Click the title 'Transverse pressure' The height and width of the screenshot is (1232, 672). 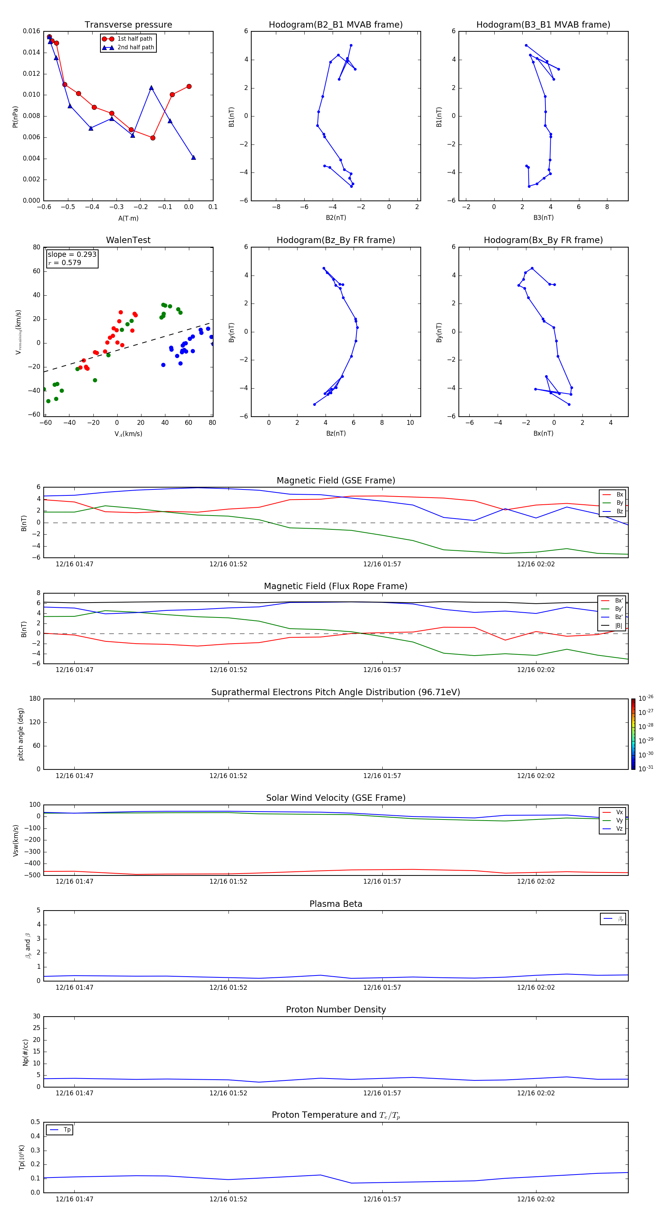click(x=128, y=25)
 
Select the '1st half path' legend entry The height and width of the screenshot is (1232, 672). click(x=134, y=39)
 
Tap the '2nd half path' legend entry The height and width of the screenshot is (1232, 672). click(x=136, y=47)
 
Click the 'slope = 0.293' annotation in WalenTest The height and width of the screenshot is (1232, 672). click(x=72, y=255)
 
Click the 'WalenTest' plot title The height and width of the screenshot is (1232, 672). click(x=128, y=240)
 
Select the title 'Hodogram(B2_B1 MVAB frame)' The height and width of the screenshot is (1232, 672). click(x=335, y=25)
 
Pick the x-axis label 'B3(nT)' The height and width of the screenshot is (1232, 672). click(x=543, y=218)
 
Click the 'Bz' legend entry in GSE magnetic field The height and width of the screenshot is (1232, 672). click(x=619, y=511)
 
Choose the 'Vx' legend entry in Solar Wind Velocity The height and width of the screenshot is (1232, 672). click(x=619, y=812)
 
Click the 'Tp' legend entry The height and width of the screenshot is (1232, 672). click(x=67, y=1130)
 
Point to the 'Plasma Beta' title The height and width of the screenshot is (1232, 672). click(x=336, y=904)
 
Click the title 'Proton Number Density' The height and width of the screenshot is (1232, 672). click(x=336, y=1009)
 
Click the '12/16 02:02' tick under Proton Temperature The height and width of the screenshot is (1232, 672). click(x=536, y=1199)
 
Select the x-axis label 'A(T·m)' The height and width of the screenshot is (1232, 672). click(x=128, y=218)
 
